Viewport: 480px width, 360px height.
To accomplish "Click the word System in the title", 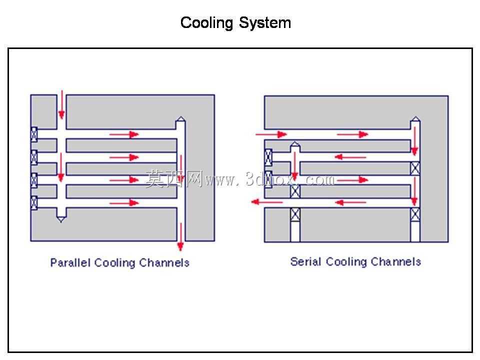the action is pyautogui.click(x=265, y=23).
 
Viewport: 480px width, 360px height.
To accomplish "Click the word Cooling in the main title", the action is pyautogui.click(x=206, y=23).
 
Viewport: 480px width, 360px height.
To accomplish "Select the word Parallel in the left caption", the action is pyautogui.click(x=70, y=262).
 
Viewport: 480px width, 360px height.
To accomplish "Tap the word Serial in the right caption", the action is pyautogui.click(x=305, y=261).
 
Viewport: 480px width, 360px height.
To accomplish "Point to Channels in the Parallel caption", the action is pyautogui.click(x=164, y=262).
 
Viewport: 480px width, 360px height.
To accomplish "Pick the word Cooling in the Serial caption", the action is pyautogui.click(x=346, y=261).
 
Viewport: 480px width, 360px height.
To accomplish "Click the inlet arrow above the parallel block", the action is pyautogui.click(x=61, y=104).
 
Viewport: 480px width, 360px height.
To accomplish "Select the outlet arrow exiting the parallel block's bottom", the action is pyautogui.click(x=180, y=237).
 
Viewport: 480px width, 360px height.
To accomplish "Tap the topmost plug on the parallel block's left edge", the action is pyautogui.click(x=34, y=134).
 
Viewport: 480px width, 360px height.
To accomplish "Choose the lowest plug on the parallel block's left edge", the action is pyautogui.click(x=34, y=202).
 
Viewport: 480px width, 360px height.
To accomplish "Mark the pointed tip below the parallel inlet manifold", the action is pyautogui.click(x=61, y=221).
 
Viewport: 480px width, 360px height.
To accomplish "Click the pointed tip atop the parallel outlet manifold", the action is pyautogui.click(x=180, y=116).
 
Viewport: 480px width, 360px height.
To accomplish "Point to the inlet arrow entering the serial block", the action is pyautogui.click(x=271, y=134).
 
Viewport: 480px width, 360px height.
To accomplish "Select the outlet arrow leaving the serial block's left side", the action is pyautogui.click(x=267, y=202).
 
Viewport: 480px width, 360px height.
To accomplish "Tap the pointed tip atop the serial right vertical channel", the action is pyautogui.click(x=415, y=116).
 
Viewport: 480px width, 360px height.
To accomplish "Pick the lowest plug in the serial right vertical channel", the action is pyautogui.click(x=415, y=215).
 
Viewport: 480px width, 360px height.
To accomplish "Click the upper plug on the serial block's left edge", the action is pyautogui.click(x=268, y=157).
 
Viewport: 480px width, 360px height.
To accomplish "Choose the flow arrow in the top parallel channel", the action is pyautogui.click(x=124, y=134).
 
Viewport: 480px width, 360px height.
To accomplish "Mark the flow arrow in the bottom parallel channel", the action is pyautogui.click(x=124, y=202).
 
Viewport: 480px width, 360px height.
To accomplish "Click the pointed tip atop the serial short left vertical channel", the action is pyautogui.click(x=295, y=142).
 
